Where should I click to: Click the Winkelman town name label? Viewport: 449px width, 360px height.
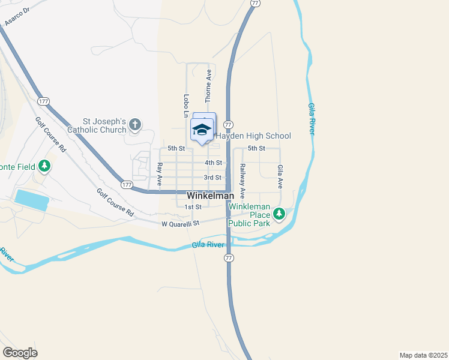click(210, 196)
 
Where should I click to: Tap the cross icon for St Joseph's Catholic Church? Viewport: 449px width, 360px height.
click(135, 125)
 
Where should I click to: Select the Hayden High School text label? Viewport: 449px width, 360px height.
click(253, 136)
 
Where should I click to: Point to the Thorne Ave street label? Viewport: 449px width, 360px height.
click(209, 83)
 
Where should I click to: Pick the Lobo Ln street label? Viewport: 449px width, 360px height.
click(186, 106)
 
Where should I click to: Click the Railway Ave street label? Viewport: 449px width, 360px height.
click(243, 181)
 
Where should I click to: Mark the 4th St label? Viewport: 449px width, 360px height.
click(213, 163)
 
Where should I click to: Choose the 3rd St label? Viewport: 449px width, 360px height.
click(212, 178)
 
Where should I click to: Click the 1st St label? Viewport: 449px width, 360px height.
click(193, 207)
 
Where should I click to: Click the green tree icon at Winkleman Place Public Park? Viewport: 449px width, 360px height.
click(279, 214)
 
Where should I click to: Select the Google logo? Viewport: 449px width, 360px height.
click(20, 352)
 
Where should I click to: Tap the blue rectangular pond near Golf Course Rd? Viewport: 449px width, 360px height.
click(31, 200)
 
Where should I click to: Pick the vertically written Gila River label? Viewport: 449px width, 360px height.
click(312, 119)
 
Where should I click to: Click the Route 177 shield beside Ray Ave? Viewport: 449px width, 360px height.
click(126, 185)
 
